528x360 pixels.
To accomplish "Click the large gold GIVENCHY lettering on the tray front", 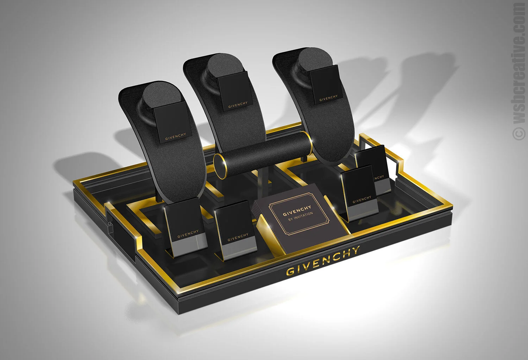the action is point(323,260).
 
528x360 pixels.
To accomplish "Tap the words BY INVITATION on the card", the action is point(301,216).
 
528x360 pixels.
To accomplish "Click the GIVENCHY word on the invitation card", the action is point(297,211).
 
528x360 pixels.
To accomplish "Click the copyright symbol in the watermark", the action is point(519,134).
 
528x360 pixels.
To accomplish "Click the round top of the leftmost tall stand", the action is point(160,97).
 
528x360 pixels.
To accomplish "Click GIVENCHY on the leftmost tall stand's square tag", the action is point(175,137).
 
